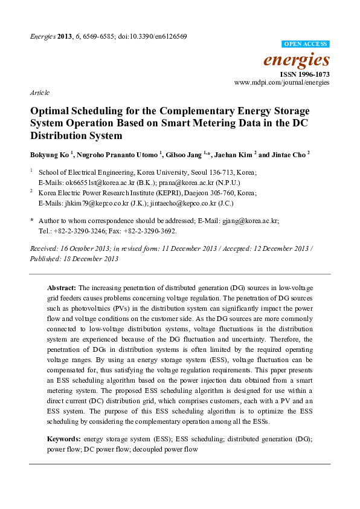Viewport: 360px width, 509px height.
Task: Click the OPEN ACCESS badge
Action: [306, 45]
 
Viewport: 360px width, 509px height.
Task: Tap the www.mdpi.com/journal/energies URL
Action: [282, 82]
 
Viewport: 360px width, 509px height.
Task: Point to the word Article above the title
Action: [40, 93]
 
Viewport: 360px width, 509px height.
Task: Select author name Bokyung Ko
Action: [49, 154]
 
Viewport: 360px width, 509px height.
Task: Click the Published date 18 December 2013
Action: [90, 259]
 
